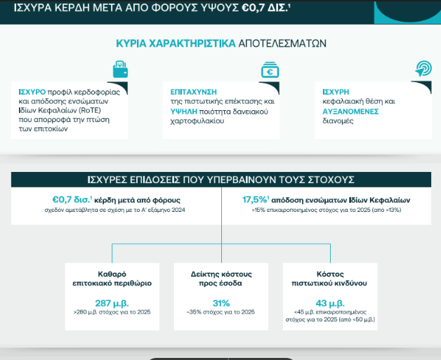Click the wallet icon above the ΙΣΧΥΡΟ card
point(120,69)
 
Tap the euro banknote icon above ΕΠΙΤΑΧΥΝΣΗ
point(270,69)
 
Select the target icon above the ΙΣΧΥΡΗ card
point(423,68)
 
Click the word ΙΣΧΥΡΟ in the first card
point(32,92)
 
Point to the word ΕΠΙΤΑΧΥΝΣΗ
point(194,92)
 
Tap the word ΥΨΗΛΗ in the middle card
point(184,112)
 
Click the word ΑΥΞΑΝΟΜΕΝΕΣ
point(350,112)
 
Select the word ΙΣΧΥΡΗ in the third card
point(336,92)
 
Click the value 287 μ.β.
point(112,304)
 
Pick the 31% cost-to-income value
point(221,303)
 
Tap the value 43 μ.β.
point(330,304)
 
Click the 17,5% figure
point(255,200)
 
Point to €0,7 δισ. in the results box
point(72,200)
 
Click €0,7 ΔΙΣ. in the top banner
point(265,8)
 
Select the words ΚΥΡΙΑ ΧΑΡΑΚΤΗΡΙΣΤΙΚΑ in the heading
point(176,44)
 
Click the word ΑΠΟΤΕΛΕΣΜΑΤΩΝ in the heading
point(282,44)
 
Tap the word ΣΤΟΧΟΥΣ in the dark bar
point(331,180)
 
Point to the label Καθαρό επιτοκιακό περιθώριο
point(112,279)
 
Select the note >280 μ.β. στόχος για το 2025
point(112,312)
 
